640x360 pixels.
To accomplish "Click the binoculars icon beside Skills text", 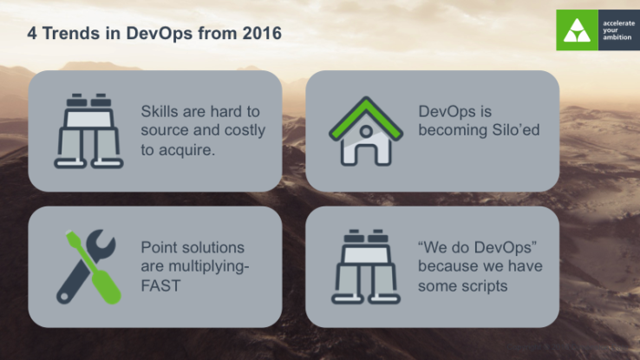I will (85, 130).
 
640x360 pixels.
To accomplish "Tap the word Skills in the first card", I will (159, 112).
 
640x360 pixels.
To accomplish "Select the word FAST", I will (160, 285).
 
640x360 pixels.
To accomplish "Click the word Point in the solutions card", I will (158, 247).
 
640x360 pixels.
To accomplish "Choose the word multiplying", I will (206, 266).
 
